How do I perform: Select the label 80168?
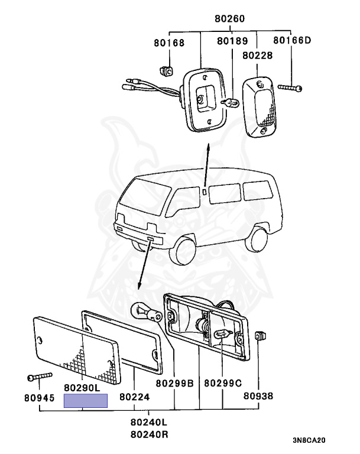click(169, 43)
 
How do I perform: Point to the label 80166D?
click(291, 41)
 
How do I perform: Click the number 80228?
click(257, 54)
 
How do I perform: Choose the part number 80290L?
click(85, 388)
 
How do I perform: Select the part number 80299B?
click(175, 383)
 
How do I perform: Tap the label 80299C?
click(223, 383)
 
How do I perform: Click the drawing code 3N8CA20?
click(309, 440)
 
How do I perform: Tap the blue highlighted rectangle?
click(86, 401)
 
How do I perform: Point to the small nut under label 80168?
click(168, 70)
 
